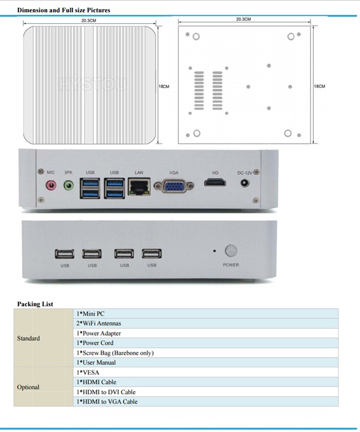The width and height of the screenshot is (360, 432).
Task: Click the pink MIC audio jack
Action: (51, 184)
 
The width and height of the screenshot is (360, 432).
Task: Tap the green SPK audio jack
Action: (69, 184)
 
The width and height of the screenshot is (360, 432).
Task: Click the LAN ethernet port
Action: (139, 186)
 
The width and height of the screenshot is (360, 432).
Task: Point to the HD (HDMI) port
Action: (215, 183)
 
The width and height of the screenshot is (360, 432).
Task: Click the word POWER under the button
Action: (231, 265)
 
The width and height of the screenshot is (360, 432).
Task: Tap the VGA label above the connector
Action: (174, 172)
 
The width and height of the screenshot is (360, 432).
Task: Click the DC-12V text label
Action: (245, 172)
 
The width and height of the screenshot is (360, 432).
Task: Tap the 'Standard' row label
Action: (29, 338)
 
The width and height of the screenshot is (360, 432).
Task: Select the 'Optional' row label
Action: (28, 387)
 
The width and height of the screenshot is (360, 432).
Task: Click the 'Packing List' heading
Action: (35, 304)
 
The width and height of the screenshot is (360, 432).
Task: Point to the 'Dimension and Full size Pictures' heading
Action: (64, 10)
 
